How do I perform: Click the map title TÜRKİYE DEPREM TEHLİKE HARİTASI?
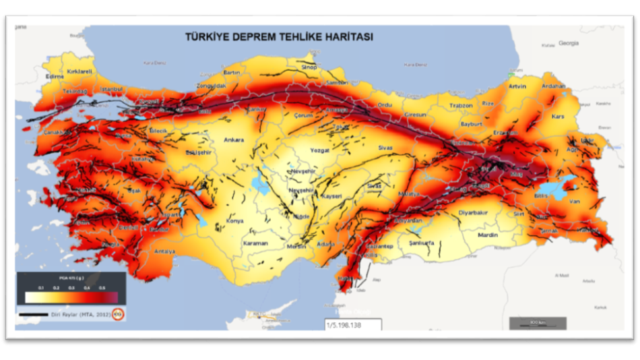click(x=279, y=36)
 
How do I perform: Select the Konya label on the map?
click(x=235, y=220)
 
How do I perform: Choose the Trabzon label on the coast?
click(x=461, y=105)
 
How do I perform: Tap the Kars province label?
click(x=556, y=116)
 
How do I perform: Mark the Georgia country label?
click(x=569, y=42)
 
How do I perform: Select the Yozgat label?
click(x=319, y=150)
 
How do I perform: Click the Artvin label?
click(x=517, y=86)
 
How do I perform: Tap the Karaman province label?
click(x=255, y=243)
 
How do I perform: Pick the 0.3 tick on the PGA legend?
click(x=71, y=287)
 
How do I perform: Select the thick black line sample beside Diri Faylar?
click(x=34, y=314)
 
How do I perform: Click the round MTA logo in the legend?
click(x=119, y=313)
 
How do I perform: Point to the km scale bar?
click(x=533, y=324)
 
